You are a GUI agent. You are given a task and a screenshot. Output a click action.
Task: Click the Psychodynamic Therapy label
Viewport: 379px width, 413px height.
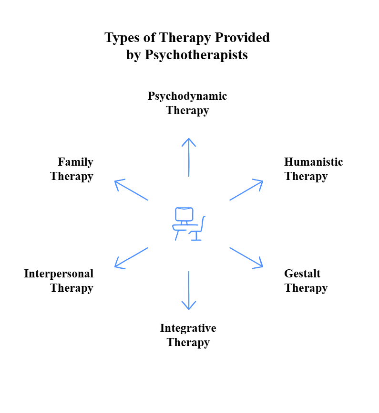(x=187, y=103)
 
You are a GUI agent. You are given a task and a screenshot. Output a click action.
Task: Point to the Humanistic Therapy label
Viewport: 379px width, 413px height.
(x=313, y=169)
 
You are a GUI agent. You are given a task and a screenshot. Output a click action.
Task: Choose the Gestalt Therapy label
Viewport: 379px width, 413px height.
(x=306, y=281)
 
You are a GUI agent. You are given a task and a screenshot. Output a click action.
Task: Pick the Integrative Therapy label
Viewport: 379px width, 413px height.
(x=188, y=335)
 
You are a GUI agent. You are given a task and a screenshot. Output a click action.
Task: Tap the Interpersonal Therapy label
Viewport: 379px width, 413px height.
(x=59, y=281)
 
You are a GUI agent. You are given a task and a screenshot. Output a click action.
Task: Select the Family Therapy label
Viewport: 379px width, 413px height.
(x=72, y=169)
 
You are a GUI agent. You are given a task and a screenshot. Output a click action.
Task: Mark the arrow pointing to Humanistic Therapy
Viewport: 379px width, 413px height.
(x=246, y=190)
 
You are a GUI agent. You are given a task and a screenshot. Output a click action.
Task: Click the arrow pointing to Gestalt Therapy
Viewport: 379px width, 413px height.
(x=246, y=257)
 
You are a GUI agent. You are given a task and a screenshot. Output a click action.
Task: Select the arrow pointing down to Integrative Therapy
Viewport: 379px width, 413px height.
(x=189, y=290)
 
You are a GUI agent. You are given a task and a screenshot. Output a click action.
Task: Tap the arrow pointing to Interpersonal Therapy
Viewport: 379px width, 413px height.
(x=131, y=257)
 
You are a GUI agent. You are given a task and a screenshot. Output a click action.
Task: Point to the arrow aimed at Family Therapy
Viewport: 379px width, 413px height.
(x=131, y=190)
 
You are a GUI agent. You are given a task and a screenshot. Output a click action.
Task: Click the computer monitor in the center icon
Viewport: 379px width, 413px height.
(x=184, y=214)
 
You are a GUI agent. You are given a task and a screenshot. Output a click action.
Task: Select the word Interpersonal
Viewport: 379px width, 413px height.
(x=59, y=274)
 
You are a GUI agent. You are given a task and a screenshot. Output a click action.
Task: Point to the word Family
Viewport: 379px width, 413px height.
(x=75, y=162)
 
